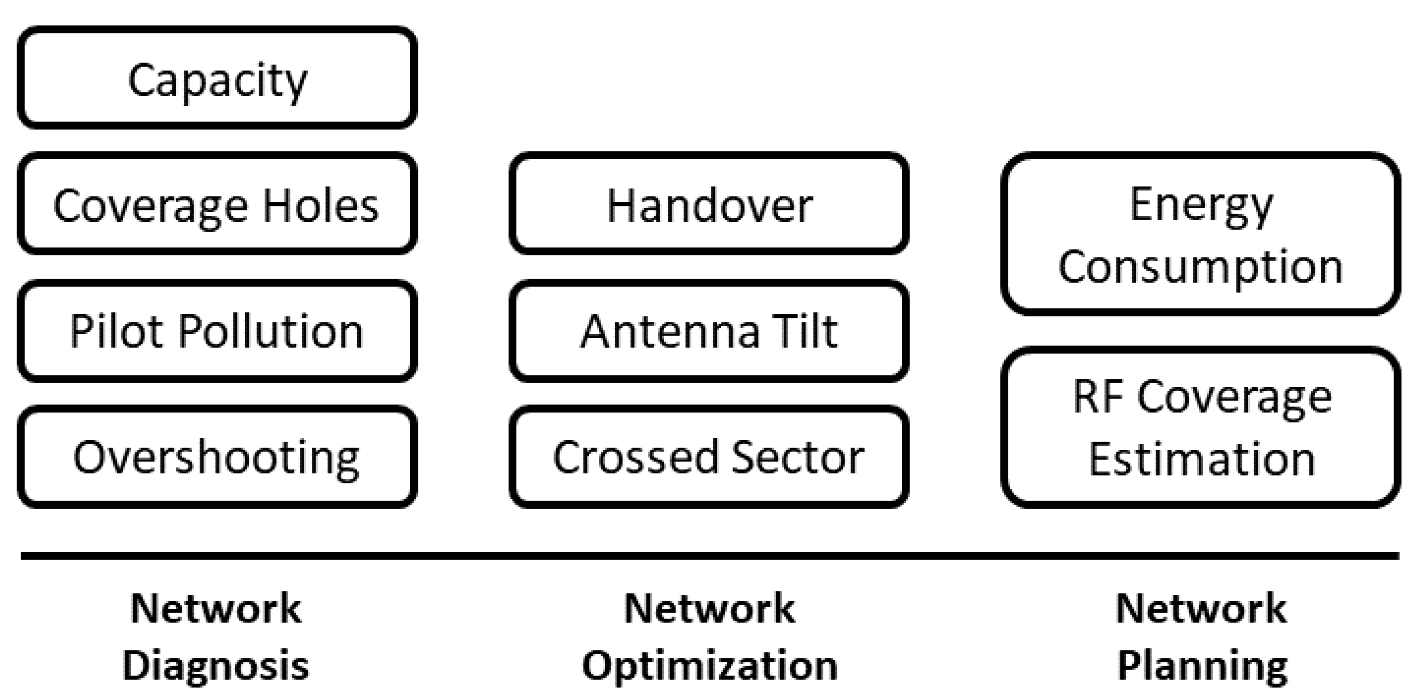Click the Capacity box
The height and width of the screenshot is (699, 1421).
coord(217,78)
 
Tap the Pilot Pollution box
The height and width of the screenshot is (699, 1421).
coord(217,331)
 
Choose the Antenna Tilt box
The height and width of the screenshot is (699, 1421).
coord(709,331)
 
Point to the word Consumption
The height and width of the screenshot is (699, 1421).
coord(1201,267)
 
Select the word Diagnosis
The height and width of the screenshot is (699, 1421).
coord(216,666)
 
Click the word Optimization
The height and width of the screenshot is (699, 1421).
coord(710,666)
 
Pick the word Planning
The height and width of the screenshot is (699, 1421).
coord(1203,666)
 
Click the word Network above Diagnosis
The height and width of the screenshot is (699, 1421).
coord(216,609)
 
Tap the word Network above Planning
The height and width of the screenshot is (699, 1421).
coord(1202,609)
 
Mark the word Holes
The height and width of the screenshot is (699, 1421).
coord(320,205)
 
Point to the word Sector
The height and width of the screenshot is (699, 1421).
coord(797,457)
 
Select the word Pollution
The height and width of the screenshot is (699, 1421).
coord(270,331)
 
